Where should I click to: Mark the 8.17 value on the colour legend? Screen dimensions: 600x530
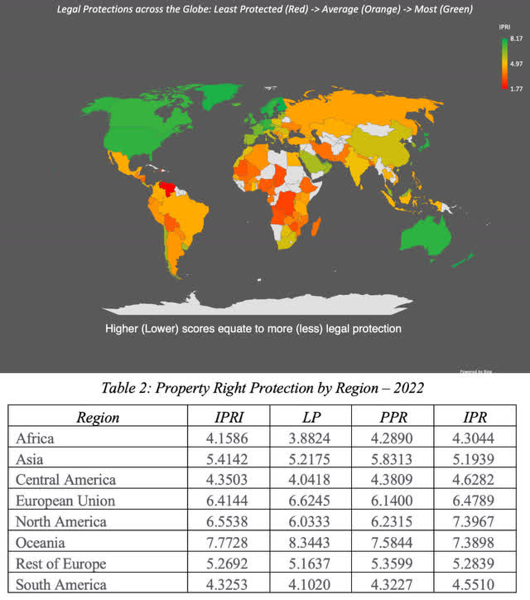[515, 39]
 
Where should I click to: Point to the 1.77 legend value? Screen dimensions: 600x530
[515, 85]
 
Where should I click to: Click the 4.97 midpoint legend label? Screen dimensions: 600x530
[515, 63]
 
